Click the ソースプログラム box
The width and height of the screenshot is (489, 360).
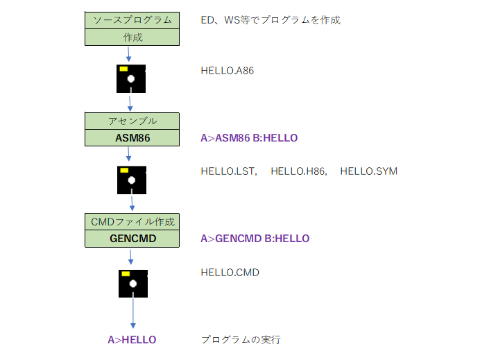[x=132, y=20]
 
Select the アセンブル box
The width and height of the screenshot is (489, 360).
[x=132, y=121]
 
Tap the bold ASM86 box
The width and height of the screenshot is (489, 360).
[x=132, y=137]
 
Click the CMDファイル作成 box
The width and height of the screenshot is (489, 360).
[x=132, y=222]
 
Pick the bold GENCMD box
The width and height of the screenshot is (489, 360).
[x=132, y=239]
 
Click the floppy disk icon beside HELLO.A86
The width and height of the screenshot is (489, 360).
[x=131, y=78]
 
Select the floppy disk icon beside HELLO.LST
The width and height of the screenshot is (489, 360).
[x=132, y=180]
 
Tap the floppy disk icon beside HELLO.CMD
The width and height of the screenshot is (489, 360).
[x=133, y=284]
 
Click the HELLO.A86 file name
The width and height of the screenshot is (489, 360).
[x=228, y=71]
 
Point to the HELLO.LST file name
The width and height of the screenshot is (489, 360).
[x=228, y=171]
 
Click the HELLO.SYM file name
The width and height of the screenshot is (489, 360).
[x=369, y=171]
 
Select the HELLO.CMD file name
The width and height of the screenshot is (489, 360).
[x=230, y=273]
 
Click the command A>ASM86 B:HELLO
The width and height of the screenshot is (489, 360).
[x=249, y=138]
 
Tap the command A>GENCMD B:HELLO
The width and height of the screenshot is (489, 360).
[x=255, y=239]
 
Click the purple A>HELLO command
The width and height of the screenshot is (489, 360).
[x=132, y=340]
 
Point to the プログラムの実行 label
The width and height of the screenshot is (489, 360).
[x=241, y=340]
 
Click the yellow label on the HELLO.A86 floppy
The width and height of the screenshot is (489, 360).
[x=123, y=69]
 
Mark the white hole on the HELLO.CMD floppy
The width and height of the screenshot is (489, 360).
[x=133, y=284]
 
